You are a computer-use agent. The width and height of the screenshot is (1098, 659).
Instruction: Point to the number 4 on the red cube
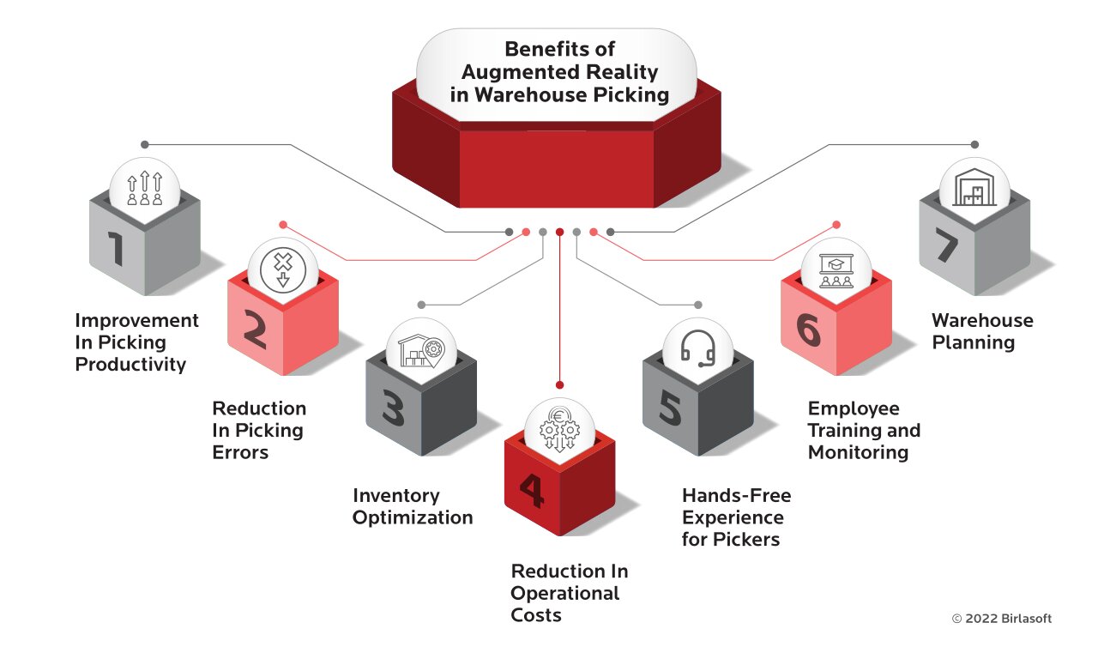pyautogui.click(x=531, y=491)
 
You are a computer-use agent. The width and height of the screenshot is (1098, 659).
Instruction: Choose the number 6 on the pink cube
pyautogui.click(x=808, y=329)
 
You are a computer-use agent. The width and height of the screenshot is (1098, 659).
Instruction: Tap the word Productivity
pyautogui.click(x=130, y=365)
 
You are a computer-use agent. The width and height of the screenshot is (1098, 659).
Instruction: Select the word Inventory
pyautogui.click(x=396, y=496)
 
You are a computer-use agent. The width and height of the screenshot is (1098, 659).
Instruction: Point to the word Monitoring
pyautogui.click(x=858, y=452)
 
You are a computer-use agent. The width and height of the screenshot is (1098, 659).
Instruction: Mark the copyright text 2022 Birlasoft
pyautogui.click(x=1001, y=619)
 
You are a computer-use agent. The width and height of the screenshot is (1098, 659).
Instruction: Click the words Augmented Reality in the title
pyautogui.click(x=558, y=72)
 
